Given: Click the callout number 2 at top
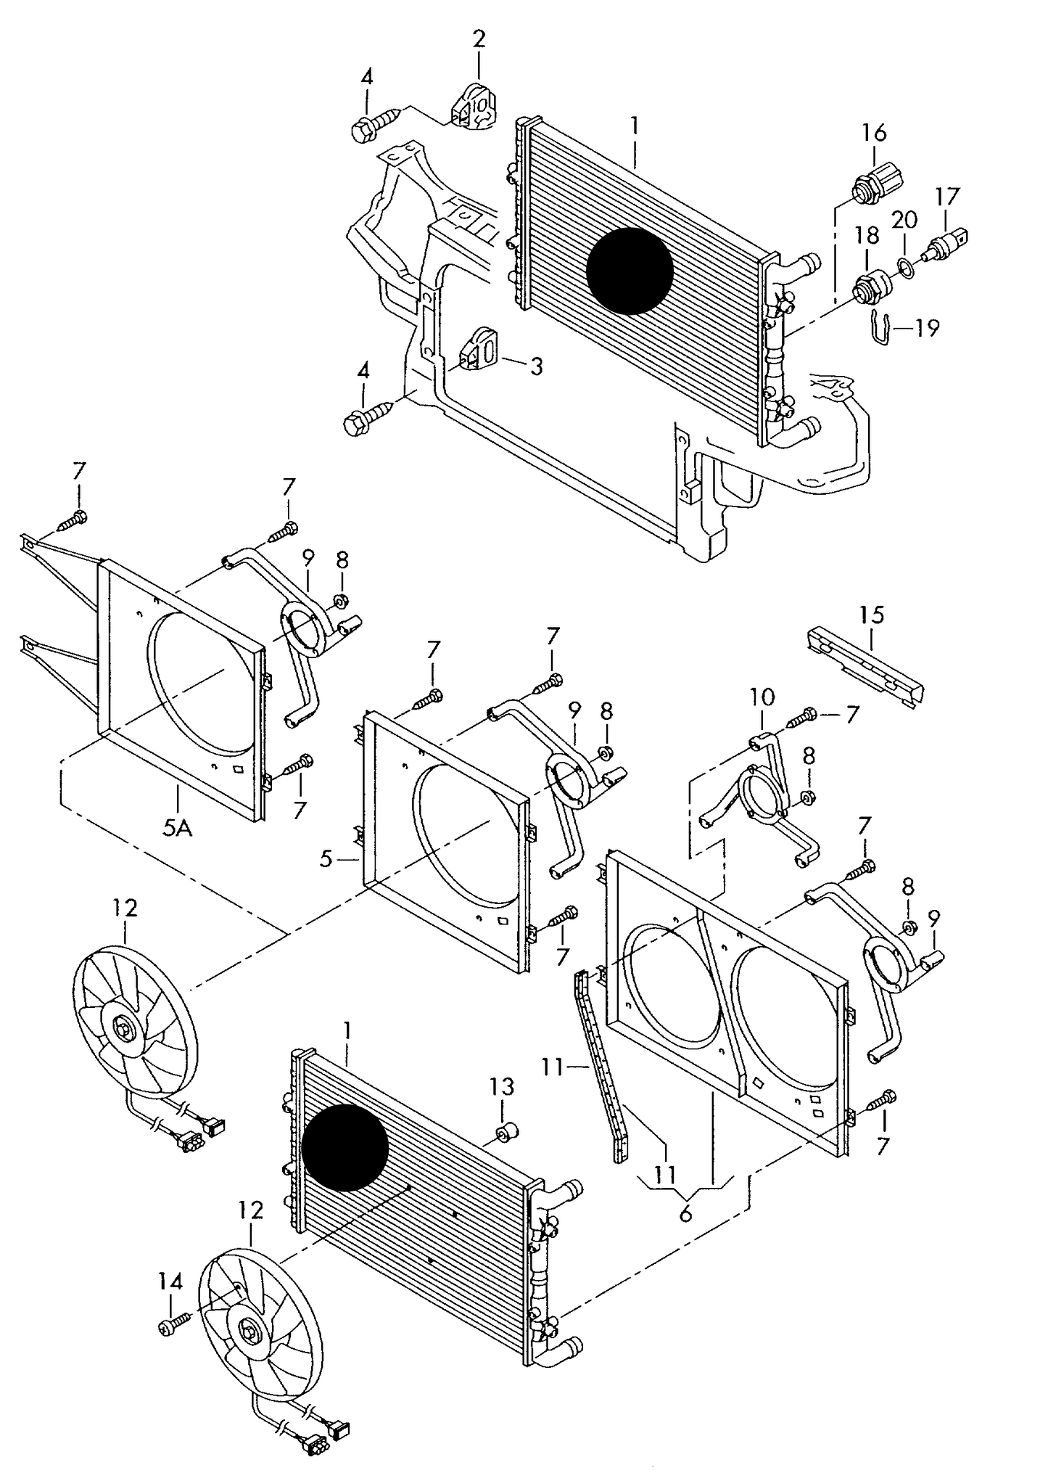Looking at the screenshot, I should coord(479,39).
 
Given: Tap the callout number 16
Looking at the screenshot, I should coord(874,133).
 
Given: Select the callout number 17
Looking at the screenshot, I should coord(946,196).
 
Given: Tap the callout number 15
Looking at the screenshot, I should coord(872,615).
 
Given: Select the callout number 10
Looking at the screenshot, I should coord(762,698).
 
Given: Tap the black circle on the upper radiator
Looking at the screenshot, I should coord(630,271).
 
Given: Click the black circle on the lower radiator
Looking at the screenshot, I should coord(344,1146).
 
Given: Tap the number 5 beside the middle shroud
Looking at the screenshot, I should coord(326,860).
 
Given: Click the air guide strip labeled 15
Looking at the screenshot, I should coord(863,665).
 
